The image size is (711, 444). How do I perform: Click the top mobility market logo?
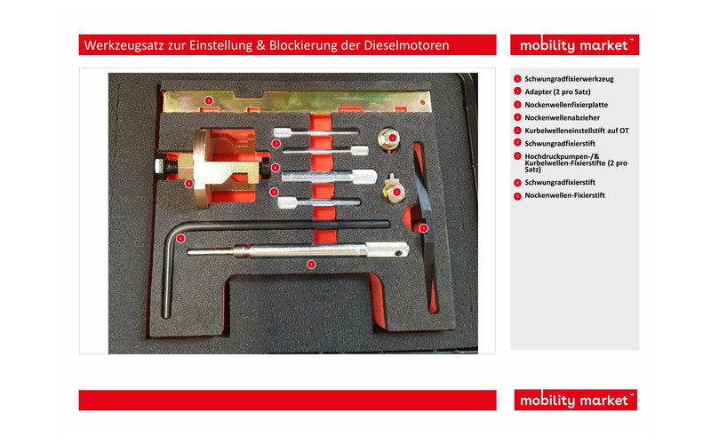click(x=574, y=45)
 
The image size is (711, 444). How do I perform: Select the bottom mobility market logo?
click(x=575, y=400)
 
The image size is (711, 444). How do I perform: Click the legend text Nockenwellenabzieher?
click(x=563, y=118)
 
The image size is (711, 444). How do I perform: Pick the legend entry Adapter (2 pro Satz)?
click(x=557, y=92)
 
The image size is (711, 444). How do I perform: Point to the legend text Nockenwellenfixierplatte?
click(x=566, y=105)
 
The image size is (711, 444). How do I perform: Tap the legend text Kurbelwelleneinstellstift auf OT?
click(x=577, y=131)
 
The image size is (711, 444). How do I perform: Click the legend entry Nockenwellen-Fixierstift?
click(x=564, y=195)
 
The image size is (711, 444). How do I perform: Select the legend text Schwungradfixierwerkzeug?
click(x=569, y=79)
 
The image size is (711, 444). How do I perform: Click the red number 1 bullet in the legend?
click(x=517, y=79)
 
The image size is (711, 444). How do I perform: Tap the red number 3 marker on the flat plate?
click(x=209, y=100)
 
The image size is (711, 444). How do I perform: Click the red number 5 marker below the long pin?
click(x=310, y=264)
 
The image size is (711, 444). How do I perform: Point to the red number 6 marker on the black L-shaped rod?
click(x=180, y=238)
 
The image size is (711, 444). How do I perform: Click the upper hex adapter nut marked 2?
click(x=388, y=139)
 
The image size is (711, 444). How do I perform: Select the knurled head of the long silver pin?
click(x=387, y=250)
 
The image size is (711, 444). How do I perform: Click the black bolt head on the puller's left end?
click(x=160, y=165)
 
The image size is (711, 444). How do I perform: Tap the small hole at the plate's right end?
click(x=423, y=102)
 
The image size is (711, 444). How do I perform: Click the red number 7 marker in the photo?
click(x=276, y=144)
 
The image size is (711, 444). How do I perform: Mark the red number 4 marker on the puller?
click(x=188, y=184)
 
